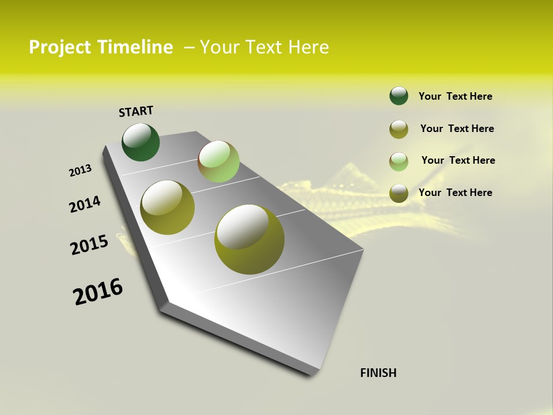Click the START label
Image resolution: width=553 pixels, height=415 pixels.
pos(136,111)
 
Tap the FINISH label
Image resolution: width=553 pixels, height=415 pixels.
pos(378,373)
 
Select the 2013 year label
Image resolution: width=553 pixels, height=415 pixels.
pos(81,171)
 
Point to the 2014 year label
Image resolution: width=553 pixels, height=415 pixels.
pos(85,204)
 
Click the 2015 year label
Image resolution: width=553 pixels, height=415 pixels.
pos(89,245)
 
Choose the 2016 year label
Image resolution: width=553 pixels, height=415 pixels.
pos(99,292)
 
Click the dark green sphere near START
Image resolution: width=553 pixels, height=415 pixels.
pos(141,142)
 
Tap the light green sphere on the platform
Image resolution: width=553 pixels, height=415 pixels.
pos(218,161)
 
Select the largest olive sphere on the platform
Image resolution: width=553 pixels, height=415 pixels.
pos(249,239)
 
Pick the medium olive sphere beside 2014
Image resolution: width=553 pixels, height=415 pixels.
pos(168,207)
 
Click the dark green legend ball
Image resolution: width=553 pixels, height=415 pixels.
pos(399,96)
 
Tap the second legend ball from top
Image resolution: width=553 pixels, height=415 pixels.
pos(399,129)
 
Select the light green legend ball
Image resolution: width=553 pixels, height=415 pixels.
pos(399,161)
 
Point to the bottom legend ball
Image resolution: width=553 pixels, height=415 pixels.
pos(399,193)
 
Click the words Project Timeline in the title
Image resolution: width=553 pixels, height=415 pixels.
pos(101,47)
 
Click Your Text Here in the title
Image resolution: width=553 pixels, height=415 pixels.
pos(264,47)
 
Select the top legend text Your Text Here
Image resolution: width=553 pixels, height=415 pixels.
pos(455,96)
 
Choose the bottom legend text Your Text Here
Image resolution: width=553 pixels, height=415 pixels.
pos(455,193)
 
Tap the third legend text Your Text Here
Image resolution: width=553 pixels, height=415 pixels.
pos(458,160)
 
